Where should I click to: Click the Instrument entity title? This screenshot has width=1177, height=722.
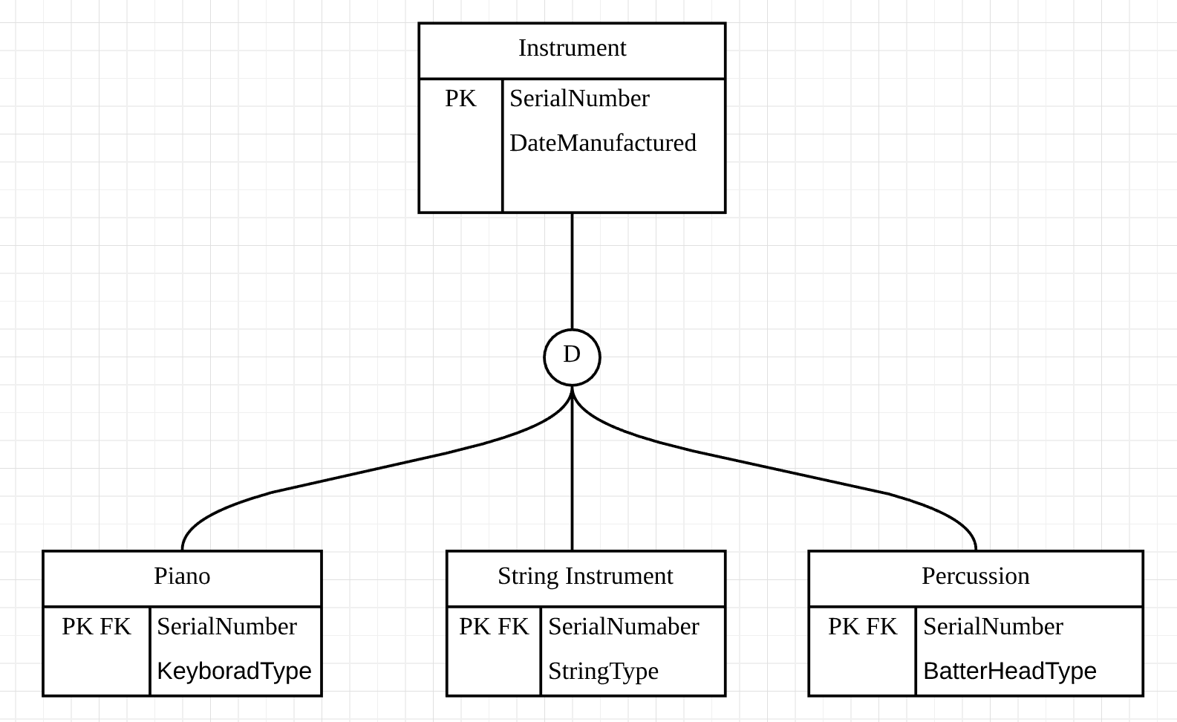pos(573,48)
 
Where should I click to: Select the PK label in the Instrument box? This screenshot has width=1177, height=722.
pos(461,99)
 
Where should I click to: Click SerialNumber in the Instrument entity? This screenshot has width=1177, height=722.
pos(579,99)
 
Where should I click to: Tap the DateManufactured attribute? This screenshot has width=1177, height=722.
pos(603,143)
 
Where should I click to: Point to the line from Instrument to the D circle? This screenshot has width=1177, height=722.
pos(573,271)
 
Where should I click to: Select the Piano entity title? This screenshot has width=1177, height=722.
pos(182,576)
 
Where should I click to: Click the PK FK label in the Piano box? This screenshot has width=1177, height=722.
pos(96,627)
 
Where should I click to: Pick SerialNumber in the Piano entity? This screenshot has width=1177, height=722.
pos(227,627)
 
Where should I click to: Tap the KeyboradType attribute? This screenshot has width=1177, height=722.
pos(235,671)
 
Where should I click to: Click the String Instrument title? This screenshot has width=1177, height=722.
pos(585,576)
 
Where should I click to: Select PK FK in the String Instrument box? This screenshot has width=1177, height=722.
pos(494,627)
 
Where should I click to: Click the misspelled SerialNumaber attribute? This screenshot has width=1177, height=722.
pos(624,627)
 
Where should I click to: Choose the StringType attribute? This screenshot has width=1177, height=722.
pos(603,671)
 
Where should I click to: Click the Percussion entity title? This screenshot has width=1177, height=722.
pos(976,576)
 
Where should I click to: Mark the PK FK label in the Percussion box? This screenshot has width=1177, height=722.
pos(863,627)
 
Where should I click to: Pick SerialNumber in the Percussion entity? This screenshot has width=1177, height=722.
pos(994,627)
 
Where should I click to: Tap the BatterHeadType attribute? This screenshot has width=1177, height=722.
pos(1010,671)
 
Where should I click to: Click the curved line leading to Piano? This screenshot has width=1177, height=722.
pos(368,469)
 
